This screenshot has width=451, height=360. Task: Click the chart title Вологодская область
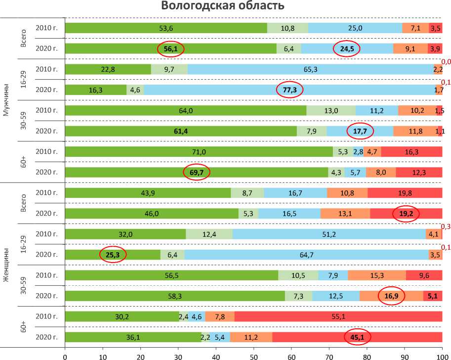[223, 6]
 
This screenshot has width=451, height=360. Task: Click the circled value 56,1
[170, 48]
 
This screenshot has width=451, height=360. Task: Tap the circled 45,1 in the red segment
[357, 337]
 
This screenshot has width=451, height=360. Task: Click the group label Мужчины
[6, 100]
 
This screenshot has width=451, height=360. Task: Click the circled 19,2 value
[406, 214]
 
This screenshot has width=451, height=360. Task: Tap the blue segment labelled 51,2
[329, 234]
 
